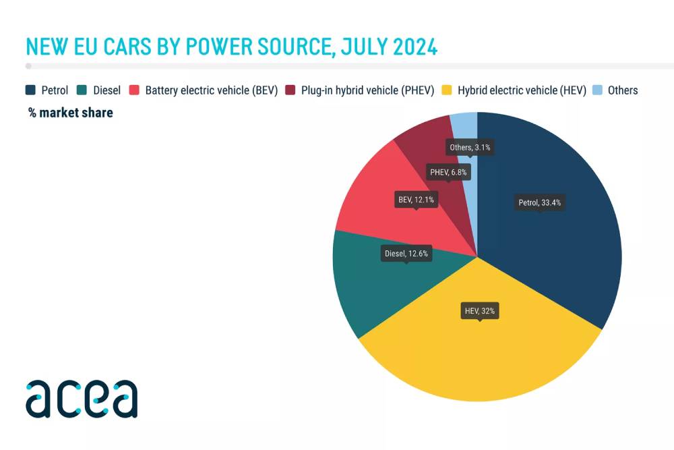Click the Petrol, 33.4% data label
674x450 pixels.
pyautogui.click(x=539, y=202)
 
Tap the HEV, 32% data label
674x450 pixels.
pyautogui.click(x=480, y=311)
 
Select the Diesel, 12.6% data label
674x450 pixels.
pyautogui.click(x=406, y=254)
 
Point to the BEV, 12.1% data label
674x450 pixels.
pyautogui.click(x=416, y=200)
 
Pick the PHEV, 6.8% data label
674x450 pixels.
pyautogui.click(x=449, y=172)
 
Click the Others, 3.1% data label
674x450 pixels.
pyautogui.click(x=470, y=147)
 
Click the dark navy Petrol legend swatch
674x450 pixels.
pyautogui.click(x=30, y=90)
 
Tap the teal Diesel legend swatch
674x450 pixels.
pyautogui.click(x=82, y=90)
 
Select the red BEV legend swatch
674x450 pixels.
pyautogui.click(x=134, y=90)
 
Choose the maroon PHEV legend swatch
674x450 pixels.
pyautogui.click(x=290, y=90)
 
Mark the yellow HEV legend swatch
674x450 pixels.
pyautogui.click(x=446, y=90)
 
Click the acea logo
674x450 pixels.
pyautogui.click(x=82, y=399)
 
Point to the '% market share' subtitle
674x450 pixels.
pyautogui.click(x=71, y=113)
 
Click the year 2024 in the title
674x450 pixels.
pyautogui.click(x=410, y=47)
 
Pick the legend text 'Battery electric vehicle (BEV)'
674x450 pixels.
pyautogui.click(x=212, y=90)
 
